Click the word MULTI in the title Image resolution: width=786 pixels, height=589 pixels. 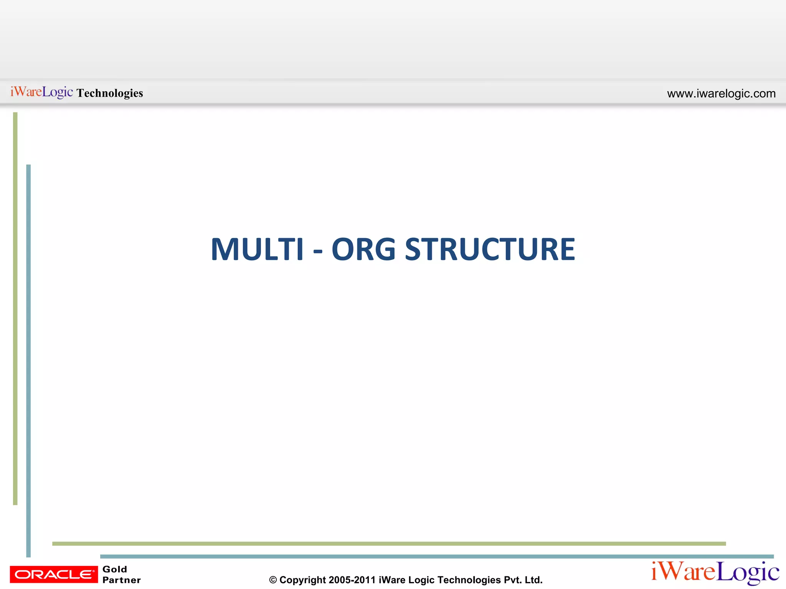click(x=257, y=250)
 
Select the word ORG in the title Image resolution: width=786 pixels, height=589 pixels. click(x=363, y=250)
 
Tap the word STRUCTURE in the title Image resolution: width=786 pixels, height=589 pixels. click(x=490, y=250)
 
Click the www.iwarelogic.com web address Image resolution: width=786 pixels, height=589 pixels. click(x=721, y=94)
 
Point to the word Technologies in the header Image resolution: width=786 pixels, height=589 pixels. click(x=110, y=93)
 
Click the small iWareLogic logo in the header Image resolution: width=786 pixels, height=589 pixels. click(x=41, y=92)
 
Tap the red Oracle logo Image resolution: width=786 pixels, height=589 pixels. click(x=54, y=574)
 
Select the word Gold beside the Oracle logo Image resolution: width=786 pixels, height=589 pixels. click(x=115, y=569)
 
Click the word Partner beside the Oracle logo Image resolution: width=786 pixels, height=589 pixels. click(x=122, y=580)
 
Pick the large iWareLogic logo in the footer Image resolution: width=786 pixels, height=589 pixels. click(x=715, y=572)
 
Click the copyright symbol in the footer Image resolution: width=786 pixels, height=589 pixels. click(x=273, y=580)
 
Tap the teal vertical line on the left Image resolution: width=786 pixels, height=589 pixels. click(x=28, y=360)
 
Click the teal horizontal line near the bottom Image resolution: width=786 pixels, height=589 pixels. click(x=437, y=556)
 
